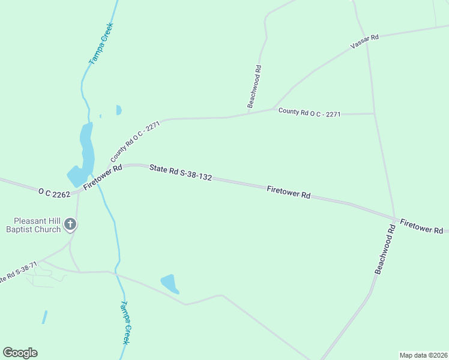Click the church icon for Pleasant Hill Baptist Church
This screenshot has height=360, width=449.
[70, 225]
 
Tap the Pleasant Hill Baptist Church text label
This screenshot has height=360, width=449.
[33, 225]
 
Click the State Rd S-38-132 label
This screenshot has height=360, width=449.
[181, 173]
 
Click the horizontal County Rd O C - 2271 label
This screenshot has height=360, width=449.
[310, 112]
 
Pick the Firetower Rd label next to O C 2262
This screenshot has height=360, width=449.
[103, 178]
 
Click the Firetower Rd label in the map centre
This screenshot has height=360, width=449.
[288, 192]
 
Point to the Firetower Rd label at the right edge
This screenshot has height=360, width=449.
[421, 226]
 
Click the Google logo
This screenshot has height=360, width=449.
[20, 353]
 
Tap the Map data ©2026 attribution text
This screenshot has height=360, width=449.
[424, 355]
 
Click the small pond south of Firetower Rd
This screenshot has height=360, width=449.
[170, 283]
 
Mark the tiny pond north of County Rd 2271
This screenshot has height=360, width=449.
[119, 110]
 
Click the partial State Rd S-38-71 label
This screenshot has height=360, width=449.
[18, 273]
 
